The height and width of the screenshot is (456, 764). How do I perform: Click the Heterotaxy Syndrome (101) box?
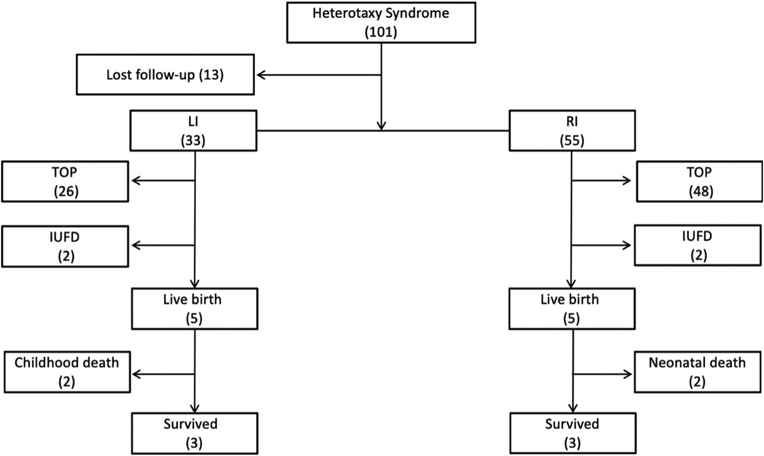coord(381,22)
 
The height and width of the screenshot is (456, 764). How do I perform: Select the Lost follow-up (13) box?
coord(165,75)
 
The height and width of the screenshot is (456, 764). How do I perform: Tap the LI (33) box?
coord(193,131)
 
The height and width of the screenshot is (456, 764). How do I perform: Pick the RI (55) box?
coord(572,131)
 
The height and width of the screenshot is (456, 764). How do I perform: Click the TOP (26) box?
coord(65,182)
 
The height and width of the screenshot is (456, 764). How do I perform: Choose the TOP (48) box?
coord(699,182)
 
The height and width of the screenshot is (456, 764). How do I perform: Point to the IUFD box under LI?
coord(65,246)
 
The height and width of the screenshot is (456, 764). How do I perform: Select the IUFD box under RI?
coord(697,245)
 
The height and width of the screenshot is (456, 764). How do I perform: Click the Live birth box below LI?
coord(194,309)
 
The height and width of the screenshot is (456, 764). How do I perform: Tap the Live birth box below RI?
coord(571,309)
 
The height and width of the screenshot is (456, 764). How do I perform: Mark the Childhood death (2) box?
coord(67,372)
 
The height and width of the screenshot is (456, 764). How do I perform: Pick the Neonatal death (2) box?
coord(697,372)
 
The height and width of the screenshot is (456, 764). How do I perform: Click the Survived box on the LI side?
coord(194,433)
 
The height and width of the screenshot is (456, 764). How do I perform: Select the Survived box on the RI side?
coord(572,433)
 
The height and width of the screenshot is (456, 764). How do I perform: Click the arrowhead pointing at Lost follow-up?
coord(261,75)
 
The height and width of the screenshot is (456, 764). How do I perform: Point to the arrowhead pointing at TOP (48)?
coord(627,180)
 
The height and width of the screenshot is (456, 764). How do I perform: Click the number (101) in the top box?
coord(381,32)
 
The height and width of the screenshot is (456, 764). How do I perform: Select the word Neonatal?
coord(675,363)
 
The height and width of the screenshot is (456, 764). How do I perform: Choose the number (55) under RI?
coord(571,140)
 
